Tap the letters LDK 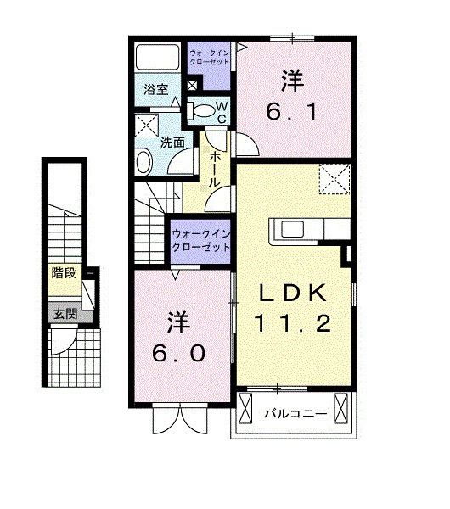[x=294, y=293]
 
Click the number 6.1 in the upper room [x=293, y=113]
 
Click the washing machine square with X [x=146, y=125]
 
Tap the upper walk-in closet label [x=207, y=57]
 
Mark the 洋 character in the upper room [x=293, y=82]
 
